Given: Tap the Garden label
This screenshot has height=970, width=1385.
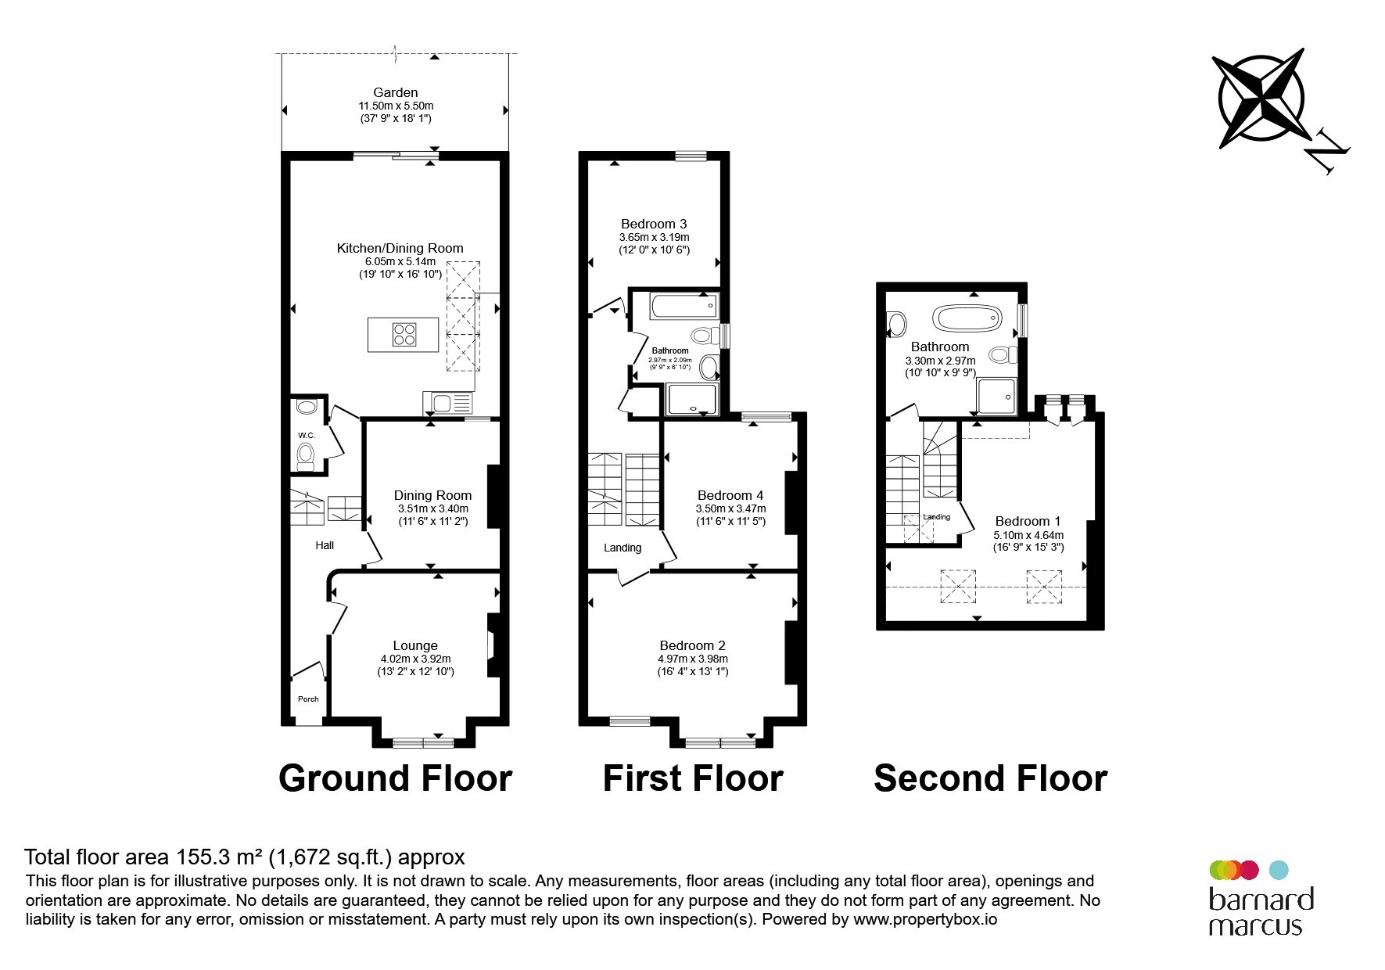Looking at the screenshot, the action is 395,92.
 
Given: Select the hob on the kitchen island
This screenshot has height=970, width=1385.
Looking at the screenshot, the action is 404,335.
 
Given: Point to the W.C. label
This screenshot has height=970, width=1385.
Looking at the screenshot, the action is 306,435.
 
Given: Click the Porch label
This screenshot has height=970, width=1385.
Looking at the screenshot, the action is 308,699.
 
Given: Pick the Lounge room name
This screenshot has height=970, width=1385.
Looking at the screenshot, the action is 415,645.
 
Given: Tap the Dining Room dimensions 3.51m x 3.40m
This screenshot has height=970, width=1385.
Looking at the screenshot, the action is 432,508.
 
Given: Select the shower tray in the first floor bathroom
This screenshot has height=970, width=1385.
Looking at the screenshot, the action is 691,399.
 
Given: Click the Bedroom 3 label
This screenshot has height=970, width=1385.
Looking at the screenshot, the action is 654,224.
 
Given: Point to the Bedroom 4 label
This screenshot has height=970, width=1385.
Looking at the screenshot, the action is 730,495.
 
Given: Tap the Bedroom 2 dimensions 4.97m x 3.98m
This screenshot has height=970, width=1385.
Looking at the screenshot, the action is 693,659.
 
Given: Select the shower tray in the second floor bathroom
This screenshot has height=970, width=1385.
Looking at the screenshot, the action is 996,396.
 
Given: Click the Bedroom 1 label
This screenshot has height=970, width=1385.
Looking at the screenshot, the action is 1028,521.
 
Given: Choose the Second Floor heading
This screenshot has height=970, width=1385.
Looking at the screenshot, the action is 990,778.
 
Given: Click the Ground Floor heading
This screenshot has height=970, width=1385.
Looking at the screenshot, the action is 395,778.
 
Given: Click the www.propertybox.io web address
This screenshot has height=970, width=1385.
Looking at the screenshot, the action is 925,920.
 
